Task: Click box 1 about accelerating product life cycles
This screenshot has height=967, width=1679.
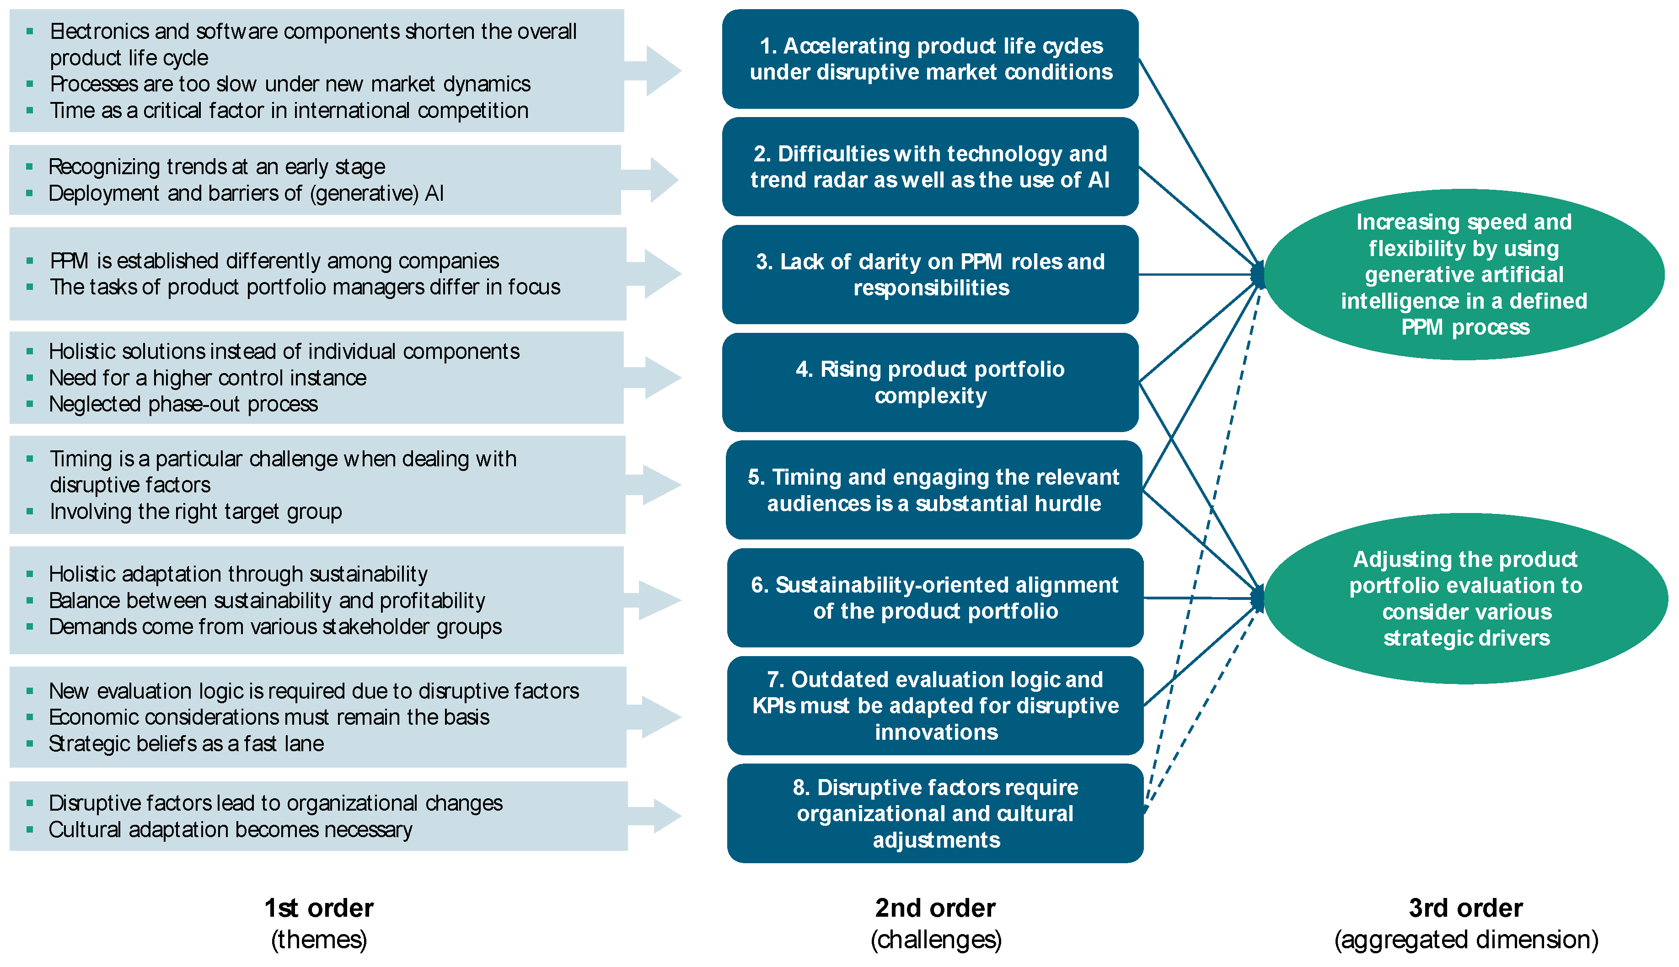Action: click(x=930, y=59)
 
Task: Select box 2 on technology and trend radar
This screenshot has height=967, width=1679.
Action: click(x=930, y=167)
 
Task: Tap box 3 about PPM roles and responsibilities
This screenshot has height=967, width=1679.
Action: click(x=930, y=274)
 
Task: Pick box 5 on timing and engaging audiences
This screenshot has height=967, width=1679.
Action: click(x=933, y=490)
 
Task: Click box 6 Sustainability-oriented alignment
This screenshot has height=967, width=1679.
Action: click(x=934, y=598)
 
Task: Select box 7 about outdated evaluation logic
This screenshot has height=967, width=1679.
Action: click(x=934, y=705)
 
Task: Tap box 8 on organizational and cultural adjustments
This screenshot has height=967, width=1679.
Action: click(x=934, y=813)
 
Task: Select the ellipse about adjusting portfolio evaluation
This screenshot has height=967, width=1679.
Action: click(x=1465, y=598)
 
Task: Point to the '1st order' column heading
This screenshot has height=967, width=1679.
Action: click(x=319, y=908)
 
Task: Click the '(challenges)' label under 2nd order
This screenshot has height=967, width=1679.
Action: click(x=935, y=940)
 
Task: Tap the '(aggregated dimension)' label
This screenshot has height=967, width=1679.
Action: click(x=1466, y=940)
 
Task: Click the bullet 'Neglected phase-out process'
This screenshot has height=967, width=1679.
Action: click(x=183, y=404)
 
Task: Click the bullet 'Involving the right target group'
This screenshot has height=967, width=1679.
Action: click(x=195, y=512)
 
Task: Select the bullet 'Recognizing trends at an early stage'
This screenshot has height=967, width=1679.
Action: click(x=216, y=167)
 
